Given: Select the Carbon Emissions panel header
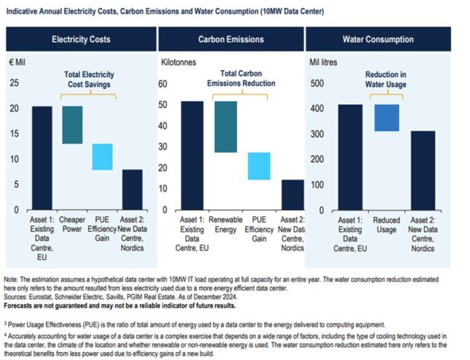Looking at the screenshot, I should [x=230, y=39].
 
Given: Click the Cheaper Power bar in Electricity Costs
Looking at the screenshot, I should [x=72, y=125].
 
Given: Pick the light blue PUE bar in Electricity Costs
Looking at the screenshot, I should [x=103, y=157].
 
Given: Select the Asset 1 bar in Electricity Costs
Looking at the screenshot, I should [x=42, y=158].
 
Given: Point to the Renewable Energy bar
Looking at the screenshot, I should [x=226, y=127].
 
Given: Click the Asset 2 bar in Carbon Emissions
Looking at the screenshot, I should [x=292, y=195].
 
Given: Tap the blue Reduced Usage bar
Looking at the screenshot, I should [x=387, y=118].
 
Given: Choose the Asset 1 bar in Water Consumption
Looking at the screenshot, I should [x=350, y=157].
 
